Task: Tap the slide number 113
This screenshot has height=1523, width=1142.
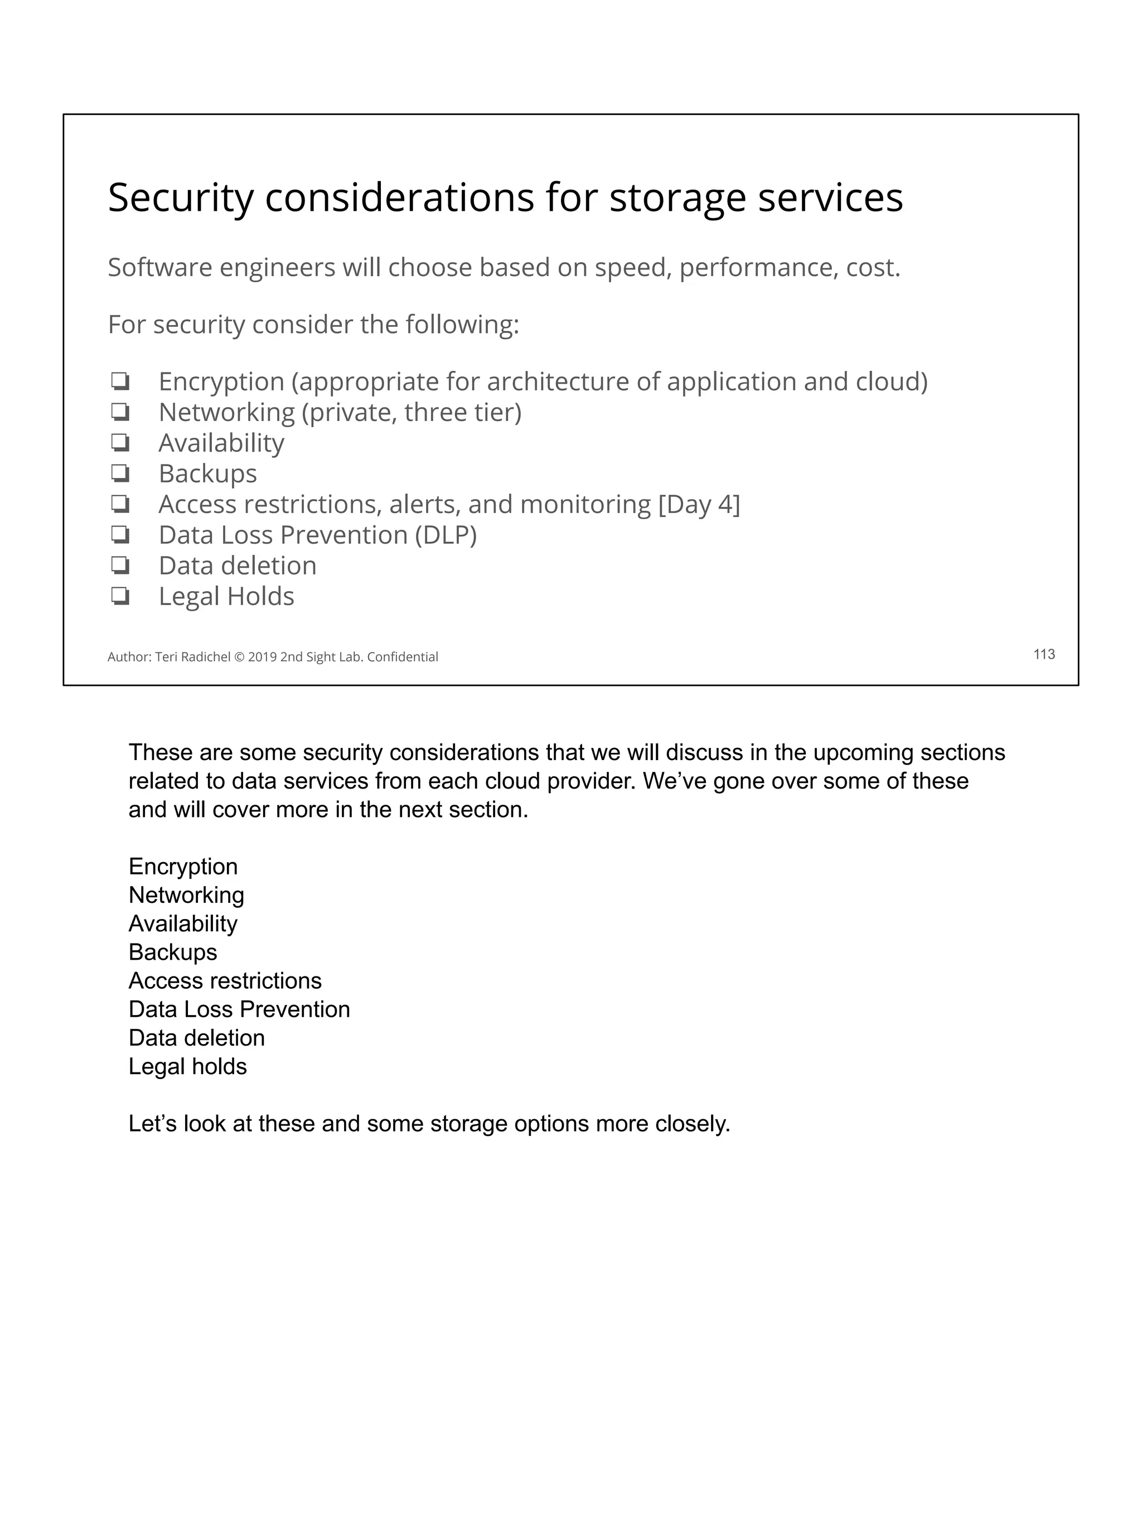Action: click(x=1043, y=654)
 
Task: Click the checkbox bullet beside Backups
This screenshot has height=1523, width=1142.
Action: click(x=120, y=473)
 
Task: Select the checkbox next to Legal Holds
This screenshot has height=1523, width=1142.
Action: click(x=120, y=596)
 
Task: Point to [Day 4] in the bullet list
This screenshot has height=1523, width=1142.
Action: click(x=699, y=504)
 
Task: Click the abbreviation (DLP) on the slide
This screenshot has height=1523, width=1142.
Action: click(x=446, y=535)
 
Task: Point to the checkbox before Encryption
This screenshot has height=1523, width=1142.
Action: click(x=120, y=381)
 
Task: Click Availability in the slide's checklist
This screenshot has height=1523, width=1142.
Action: click(x=221, y=443)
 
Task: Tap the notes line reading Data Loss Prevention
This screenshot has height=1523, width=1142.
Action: click(x=239, y=1009)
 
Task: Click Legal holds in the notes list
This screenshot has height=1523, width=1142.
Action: click(x=187, y=1066)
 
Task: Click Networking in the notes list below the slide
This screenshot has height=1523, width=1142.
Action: click(x=186, y=895)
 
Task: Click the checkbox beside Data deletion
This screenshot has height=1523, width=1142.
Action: click(x=120, y=565)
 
